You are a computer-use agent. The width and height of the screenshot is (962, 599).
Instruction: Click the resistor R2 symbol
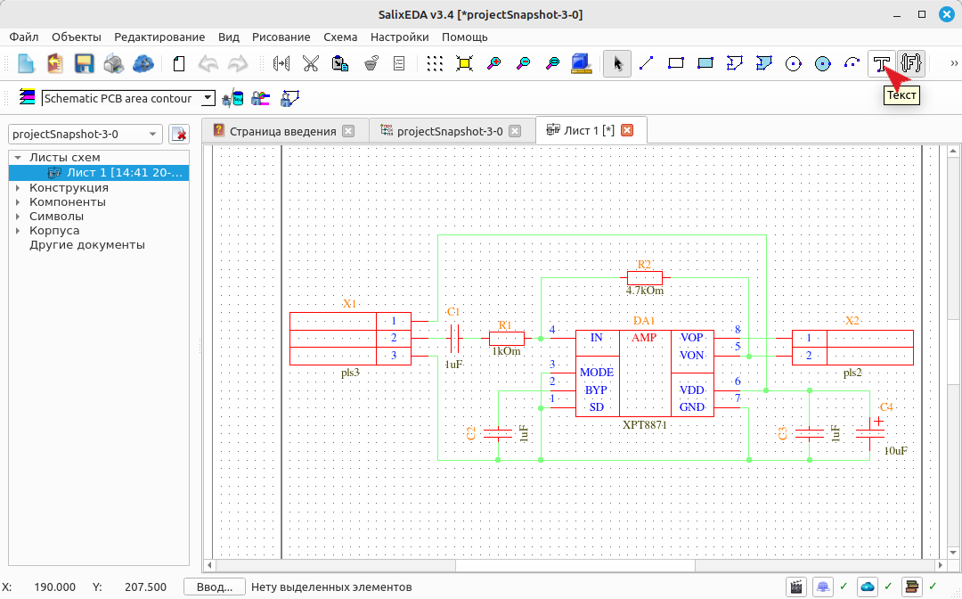pos(644,277)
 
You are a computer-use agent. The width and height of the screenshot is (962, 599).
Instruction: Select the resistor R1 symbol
pos(506,338)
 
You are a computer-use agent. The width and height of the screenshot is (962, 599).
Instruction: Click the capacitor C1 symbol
pos(454,338)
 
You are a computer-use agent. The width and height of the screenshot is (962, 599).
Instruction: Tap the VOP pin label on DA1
pos(691,338)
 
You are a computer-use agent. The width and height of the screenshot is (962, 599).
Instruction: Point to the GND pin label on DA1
pos(691,406)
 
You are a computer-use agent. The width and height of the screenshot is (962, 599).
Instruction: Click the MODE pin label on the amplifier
pos(596,373)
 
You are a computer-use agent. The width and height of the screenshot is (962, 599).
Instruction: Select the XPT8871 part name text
pos(644,424)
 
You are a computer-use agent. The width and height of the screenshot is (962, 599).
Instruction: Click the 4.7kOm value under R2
pos(644,291)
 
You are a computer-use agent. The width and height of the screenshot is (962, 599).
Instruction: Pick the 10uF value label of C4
pos(896,451)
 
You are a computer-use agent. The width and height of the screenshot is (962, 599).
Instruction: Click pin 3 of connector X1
pos(394,356)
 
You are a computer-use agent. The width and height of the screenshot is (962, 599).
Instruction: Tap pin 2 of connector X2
pos(809,356)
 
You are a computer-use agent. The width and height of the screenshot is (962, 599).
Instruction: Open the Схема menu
pos(340,37)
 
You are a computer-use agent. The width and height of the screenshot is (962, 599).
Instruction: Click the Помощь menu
pos(464,37)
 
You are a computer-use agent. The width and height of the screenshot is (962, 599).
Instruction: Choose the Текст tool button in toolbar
pos(882,63)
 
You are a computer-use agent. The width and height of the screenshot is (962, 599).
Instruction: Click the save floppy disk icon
pos(84,63)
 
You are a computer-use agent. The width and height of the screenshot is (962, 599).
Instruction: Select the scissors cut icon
pos(311,63)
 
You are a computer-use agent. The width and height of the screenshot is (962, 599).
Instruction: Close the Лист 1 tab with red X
pos(627,130)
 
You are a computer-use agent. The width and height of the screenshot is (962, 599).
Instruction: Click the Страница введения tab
pos(283,131)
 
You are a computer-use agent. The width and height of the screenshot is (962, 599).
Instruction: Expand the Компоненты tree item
pos(18,202)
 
